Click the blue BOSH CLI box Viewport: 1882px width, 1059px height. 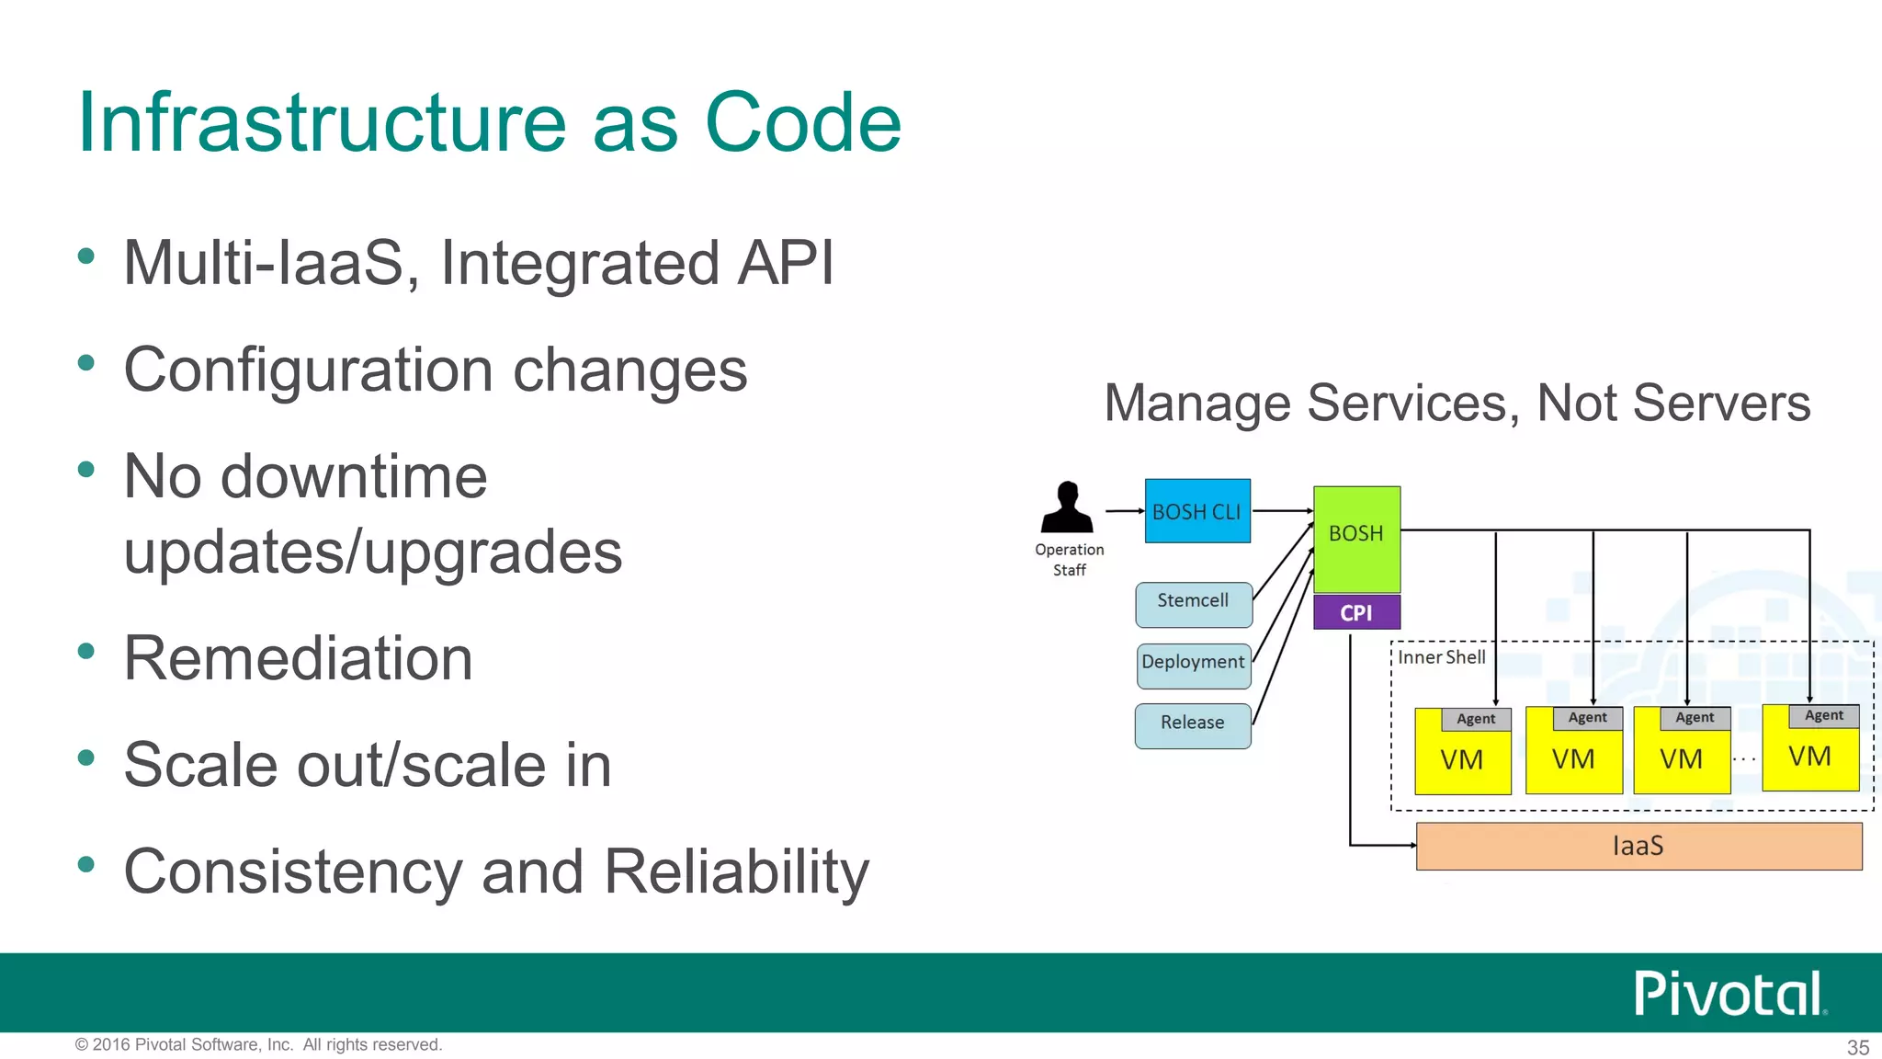click(x=1196, y=511)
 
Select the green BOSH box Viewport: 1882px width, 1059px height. click(x=1356, y=539)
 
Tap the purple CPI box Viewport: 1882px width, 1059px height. click(x=1356, y=612)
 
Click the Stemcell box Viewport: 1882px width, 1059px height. click(x=1193, y=604)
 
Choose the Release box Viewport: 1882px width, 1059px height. click(x=1192, y=725)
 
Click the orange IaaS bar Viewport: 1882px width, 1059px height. click(x=1638, y=846)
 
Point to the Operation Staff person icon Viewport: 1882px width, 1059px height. click(x=1067, y=507)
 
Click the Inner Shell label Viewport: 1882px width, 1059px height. click(x=1441, y=657)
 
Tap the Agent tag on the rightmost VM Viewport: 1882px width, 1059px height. click(x=1823, y=715)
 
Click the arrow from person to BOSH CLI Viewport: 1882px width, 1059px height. click(x=1123, y=510)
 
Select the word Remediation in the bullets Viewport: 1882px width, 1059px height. click(x=298, y=658)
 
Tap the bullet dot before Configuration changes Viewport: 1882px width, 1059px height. click(x=86, y=363)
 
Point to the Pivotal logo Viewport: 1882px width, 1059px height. click(x=1728, y=994)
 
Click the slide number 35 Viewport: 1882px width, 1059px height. click(x=1857, y=1047)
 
